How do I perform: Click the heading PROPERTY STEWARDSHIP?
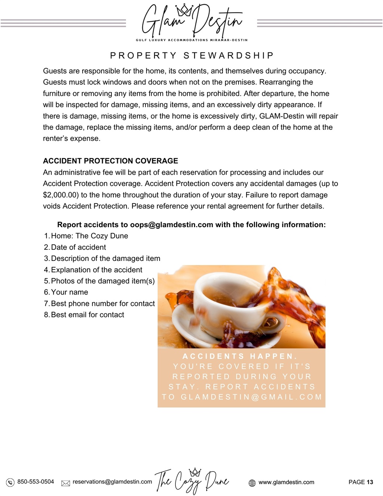192,56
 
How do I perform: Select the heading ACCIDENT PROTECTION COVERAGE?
110,161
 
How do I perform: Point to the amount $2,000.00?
58,195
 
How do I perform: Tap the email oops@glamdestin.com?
171,225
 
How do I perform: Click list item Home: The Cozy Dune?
89,236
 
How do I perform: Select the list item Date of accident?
78,247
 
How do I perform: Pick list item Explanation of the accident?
96,270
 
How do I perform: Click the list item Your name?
69,292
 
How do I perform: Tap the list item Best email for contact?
87,315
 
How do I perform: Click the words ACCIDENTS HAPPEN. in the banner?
240,356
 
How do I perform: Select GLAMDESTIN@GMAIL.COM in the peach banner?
251,397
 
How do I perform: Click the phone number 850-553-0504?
36,482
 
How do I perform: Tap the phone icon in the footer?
10,483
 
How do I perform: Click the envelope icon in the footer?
65,483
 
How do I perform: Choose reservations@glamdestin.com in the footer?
112,482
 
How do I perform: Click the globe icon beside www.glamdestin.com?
252,483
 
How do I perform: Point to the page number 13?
370,482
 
